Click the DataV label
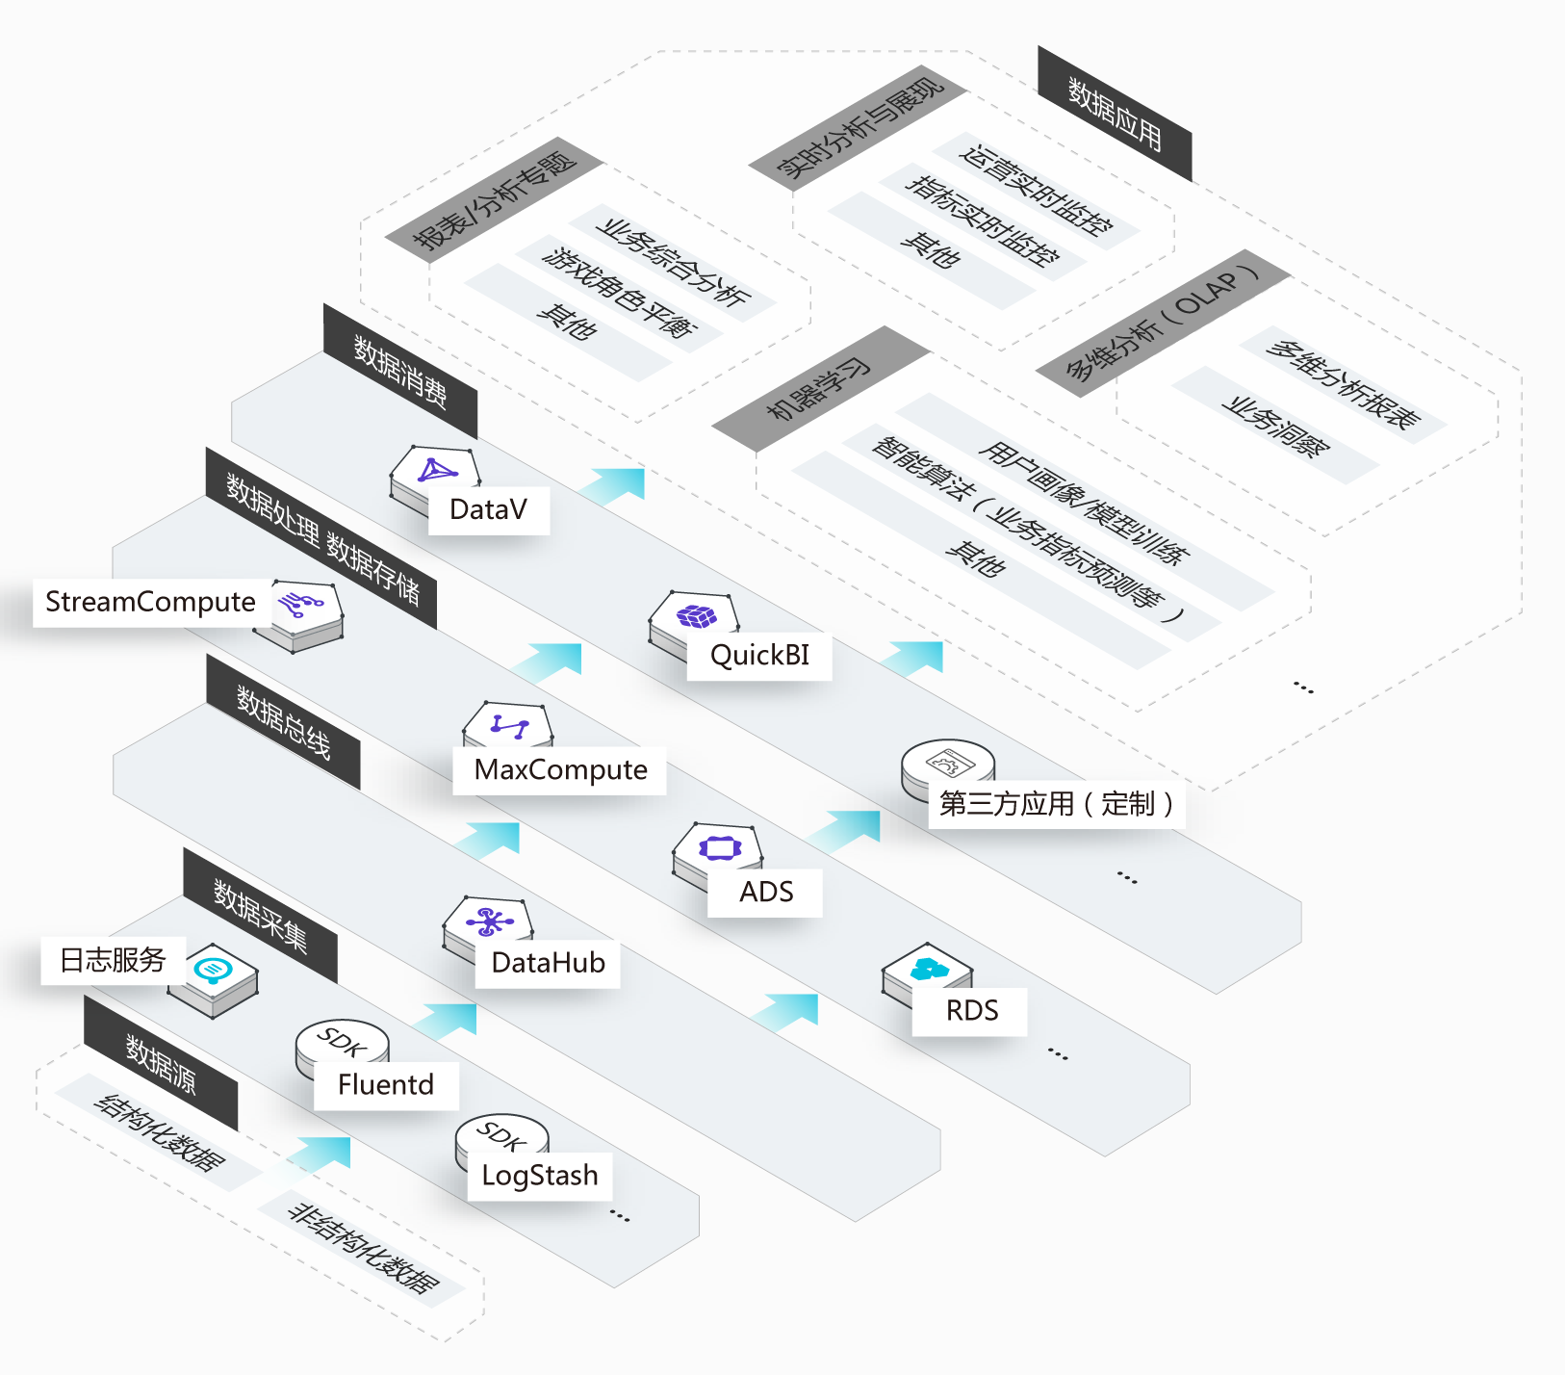(489, 509)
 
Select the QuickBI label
(759, 656)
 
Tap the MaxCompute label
(560, 770)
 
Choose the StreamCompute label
(151, 603)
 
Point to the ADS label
(766, 893)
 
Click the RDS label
(971, 1011)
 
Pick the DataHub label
(548, 963)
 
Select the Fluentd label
(386, 1085)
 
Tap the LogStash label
(540, 1176)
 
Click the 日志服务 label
(113, 960)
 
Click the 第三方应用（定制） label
(1056, 804)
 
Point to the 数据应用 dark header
(1115, 114)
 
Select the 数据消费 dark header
(400, 372)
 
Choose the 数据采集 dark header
(261, 916)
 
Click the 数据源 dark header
(161, 1063)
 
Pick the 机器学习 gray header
(819, 389)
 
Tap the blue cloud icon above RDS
(930, 969)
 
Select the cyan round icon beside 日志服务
(213, 968)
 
